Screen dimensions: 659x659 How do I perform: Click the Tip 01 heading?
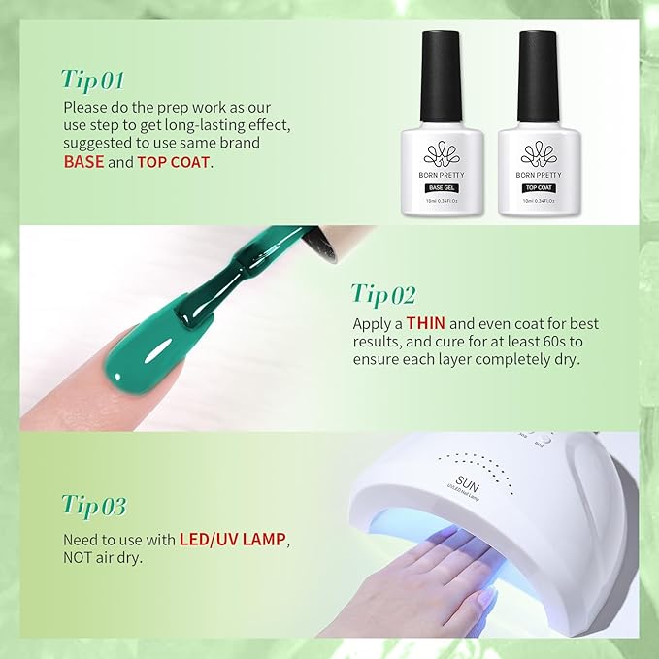(94, 78)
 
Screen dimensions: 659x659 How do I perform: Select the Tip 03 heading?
(94, 506)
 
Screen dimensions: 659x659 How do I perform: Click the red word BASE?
(83, 162)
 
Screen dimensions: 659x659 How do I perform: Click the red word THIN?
(425, 322)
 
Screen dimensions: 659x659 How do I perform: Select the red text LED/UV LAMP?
(242, 539)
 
